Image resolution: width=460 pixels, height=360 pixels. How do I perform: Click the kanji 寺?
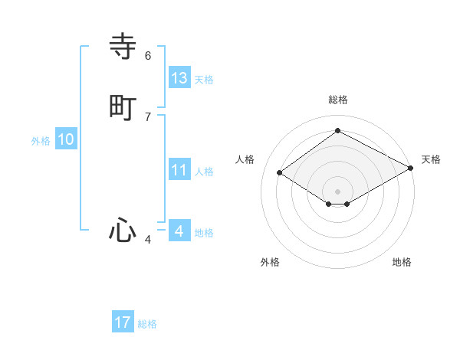(x=123, y=47)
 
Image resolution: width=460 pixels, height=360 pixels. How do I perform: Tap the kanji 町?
(x=123, y=107)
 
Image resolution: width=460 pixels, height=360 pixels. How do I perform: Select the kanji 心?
(x=123, y=230)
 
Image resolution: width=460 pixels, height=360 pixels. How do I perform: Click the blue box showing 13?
(x=179, y=77)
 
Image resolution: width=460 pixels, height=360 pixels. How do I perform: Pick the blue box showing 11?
(x=179, y=170)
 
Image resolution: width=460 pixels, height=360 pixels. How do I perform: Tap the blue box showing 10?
(x=66, y=139)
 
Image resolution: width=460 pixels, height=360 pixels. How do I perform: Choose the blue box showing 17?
(x=123, y=322)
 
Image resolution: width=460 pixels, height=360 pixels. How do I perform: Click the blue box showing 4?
(x=179, y=231)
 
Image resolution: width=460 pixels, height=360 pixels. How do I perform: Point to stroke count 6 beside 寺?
(x=148, y=56)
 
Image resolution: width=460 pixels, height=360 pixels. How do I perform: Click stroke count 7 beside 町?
(x=148, y=116)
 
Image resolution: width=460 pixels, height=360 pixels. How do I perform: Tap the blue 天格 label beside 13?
(x=204, y=80)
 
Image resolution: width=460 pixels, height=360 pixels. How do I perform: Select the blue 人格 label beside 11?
(x=204, y=172)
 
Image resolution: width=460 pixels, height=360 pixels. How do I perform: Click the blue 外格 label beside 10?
(x=41, y=141)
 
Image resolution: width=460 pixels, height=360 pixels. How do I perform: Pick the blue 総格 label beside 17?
(x=147, y=324)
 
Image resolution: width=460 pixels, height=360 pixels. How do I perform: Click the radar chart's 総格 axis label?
(x=337, y=100)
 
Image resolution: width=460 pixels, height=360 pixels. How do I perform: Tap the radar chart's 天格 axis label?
(x=431, y=159)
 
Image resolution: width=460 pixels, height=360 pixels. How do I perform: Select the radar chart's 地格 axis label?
(x=402, y=262)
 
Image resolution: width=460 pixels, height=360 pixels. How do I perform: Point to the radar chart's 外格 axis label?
(x=270, y=262)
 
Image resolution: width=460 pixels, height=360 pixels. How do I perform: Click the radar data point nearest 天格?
(x=412, y=169)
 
